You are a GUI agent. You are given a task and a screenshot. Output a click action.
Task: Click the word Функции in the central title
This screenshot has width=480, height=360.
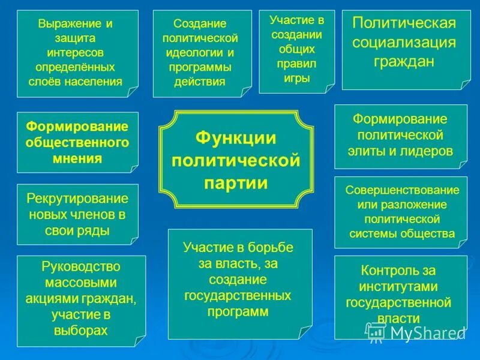point(236,139)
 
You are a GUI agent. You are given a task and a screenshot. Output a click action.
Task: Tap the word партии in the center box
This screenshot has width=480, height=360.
point(236,182)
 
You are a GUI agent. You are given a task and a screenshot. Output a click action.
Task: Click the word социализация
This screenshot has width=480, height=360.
point(403,42)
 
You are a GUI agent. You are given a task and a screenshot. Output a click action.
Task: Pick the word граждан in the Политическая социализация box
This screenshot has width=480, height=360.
point(403,62)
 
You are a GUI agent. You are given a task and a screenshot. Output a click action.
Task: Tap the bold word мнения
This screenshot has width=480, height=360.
point(77,159)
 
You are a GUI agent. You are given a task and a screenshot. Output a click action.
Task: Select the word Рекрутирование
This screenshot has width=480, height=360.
point(77,199)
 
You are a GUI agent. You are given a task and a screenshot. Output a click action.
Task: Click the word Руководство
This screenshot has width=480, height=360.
point(81,266)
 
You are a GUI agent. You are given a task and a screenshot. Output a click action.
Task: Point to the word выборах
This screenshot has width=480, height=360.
point(81,330)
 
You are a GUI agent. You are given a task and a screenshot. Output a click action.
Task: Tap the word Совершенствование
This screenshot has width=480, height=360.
point(401,190)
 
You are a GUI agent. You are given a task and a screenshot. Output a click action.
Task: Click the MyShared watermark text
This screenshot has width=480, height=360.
point(420,332)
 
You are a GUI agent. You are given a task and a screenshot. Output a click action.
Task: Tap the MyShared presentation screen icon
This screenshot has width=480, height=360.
point(376,331)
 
